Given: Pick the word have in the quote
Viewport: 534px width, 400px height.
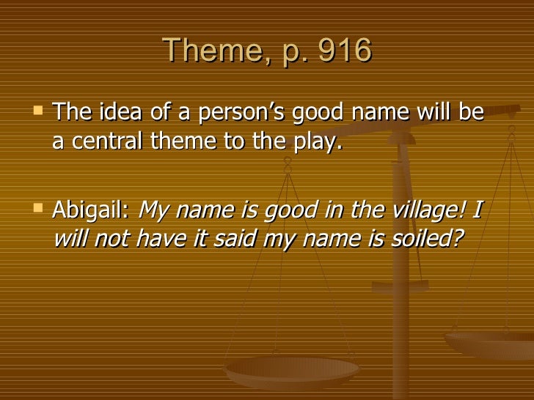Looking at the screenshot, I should (167, 240).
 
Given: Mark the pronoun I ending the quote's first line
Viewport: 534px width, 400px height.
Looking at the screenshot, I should (478, 211).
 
